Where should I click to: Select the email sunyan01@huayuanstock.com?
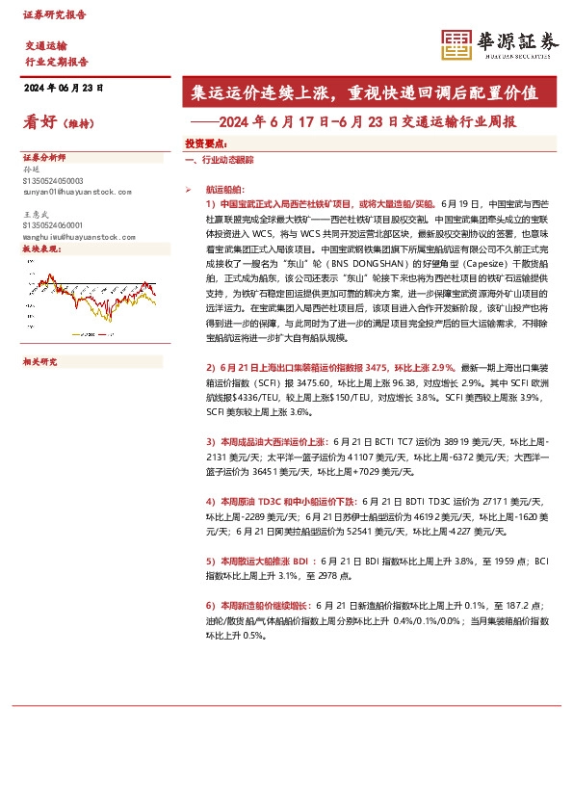[x=75, y=192]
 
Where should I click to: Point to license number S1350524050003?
[x=52, y=181]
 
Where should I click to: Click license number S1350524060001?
[x=52, y=224]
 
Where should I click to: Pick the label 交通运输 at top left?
[x=46, y=45]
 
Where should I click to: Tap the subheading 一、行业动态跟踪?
[x=219, y=159]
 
